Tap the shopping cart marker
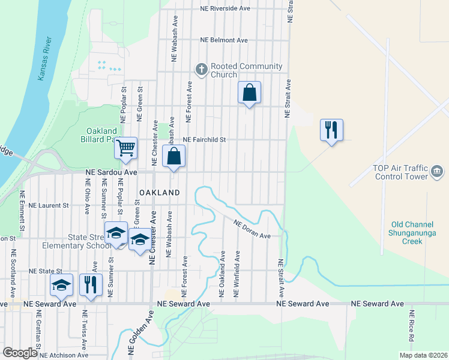coord(125,148)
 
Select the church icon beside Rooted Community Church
coord(201,70)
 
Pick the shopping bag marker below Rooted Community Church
coord(249,93)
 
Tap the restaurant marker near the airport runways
coord(331,130)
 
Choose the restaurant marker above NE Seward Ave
coord(91,284)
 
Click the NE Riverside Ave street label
coord(225,9)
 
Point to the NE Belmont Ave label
coord(224,40)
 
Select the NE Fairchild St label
coord(204,140)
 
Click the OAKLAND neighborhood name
coord(160,193)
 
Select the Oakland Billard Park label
coord(101,135)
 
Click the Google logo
coord(20,353)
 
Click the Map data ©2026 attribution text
coord(423,355)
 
